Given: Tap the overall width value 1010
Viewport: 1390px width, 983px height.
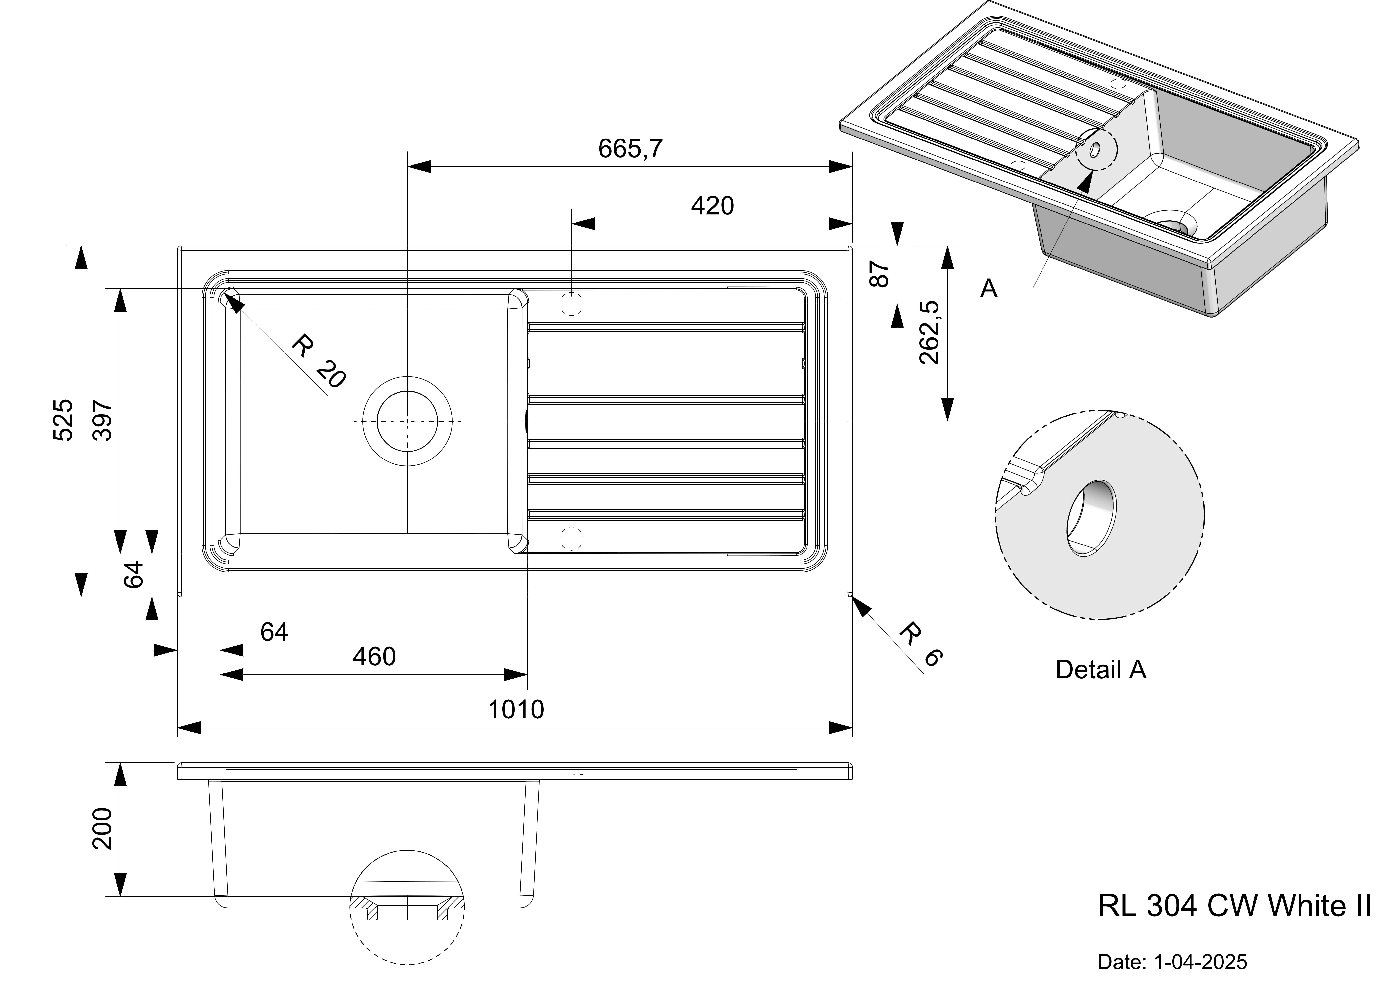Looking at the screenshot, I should click(x=516, y=709).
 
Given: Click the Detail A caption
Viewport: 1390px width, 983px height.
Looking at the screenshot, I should click(x=1100, y=670).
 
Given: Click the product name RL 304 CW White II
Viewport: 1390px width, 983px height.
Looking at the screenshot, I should click(x=1234, y=906).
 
